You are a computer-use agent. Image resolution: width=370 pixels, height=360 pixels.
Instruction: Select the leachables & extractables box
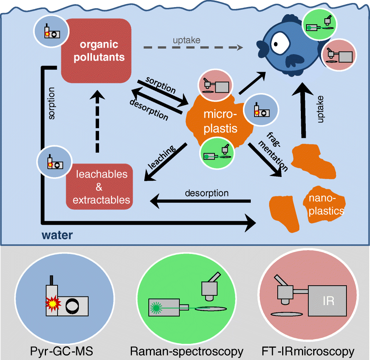click(101, 187)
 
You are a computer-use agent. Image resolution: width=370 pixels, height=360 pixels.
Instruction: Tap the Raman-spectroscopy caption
click(186, 351)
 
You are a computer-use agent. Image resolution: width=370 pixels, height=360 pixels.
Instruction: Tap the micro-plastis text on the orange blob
click(221, 121)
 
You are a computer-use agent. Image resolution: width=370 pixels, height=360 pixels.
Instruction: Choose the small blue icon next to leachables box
click(53, 161)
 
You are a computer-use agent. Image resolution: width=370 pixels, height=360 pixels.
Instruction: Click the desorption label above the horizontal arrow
click(207, 193)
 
